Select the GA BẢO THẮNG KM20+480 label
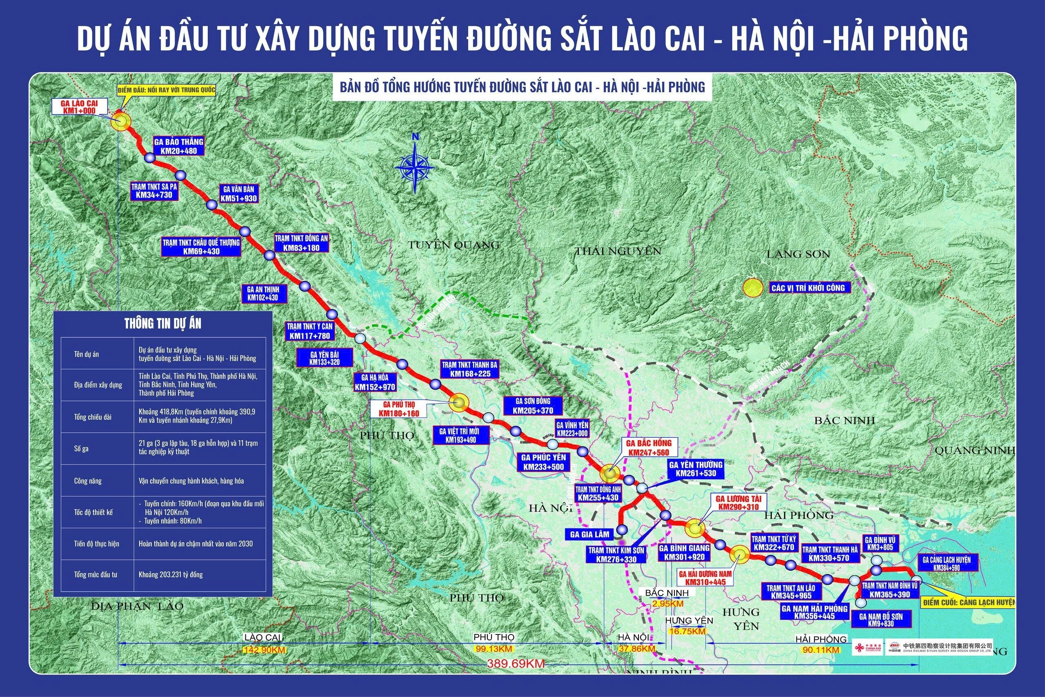pos(179,146)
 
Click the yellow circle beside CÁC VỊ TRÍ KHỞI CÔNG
pos(753,287)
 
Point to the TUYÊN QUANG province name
pos(454,245)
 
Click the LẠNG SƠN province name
pos(798,254)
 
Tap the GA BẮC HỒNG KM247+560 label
pos(649,448)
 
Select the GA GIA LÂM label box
pos(589,534)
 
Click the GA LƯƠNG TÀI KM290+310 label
pos(738,503)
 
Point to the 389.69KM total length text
pos(516,664)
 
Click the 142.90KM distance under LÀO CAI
pos(264,650)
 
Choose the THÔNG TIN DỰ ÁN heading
pos(162,324)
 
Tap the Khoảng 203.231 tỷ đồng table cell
pos(171,575)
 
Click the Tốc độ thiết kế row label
pos(93,512)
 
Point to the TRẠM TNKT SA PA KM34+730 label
pos(154,191)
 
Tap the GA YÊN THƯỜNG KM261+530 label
pos(696,469)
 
